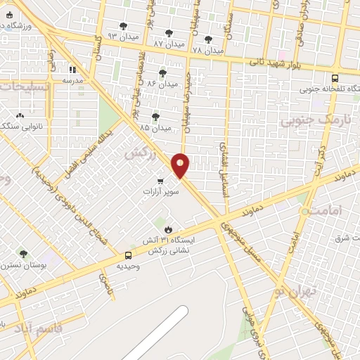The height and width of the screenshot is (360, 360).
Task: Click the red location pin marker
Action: pos(181,165)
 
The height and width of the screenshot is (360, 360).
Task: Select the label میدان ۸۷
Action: pos(169,44)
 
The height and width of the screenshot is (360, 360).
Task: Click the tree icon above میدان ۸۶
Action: pos(162,72)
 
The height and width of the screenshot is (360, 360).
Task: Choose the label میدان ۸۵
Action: pos(155,128)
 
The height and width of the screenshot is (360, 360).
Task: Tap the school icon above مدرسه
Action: pos(72,70)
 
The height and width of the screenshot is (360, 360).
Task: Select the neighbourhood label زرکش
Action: pos(139,152)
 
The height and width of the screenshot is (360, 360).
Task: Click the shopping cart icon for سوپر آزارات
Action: pos(161,181)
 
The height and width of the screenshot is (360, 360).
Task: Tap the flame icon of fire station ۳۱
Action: pos(168,229)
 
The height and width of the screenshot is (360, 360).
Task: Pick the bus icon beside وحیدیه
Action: pos(128,255)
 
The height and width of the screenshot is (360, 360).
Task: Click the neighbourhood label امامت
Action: pos(324,210)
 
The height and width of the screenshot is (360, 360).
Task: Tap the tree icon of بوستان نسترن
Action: pos(23,255)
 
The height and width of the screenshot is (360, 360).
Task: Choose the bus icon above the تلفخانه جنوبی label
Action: pos(335,78)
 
